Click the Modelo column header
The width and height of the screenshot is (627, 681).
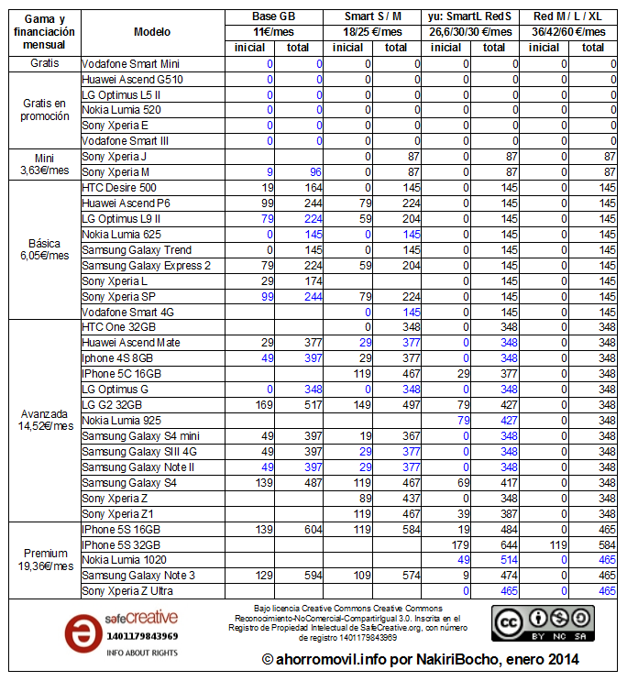coord(152,32)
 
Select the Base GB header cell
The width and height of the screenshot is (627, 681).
coord(274,16)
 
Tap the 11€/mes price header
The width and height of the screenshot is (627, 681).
coord(274,32)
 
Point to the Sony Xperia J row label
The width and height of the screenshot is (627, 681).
coord(115,157)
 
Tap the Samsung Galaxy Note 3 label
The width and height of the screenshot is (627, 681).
coord(137,576)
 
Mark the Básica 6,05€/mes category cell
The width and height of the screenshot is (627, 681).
coord(44,249)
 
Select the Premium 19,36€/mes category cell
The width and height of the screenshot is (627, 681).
coord(44,560)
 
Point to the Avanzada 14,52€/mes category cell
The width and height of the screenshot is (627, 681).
coord(44,420)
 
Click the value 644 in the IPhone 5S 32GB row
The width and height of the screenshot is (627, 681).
coord(494,544)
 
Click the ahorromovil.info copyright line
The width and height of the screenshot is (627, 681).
coord(420,659)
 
